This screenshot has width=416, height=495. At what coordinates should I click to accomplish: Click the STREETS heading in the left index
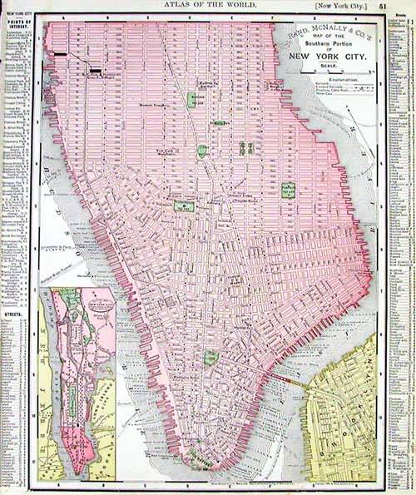14,315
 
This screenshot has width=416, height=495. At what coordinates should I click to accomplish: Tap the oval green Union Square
202,151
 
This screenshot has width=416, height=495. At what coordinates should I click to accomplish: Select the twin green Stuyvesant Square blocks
245,147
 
